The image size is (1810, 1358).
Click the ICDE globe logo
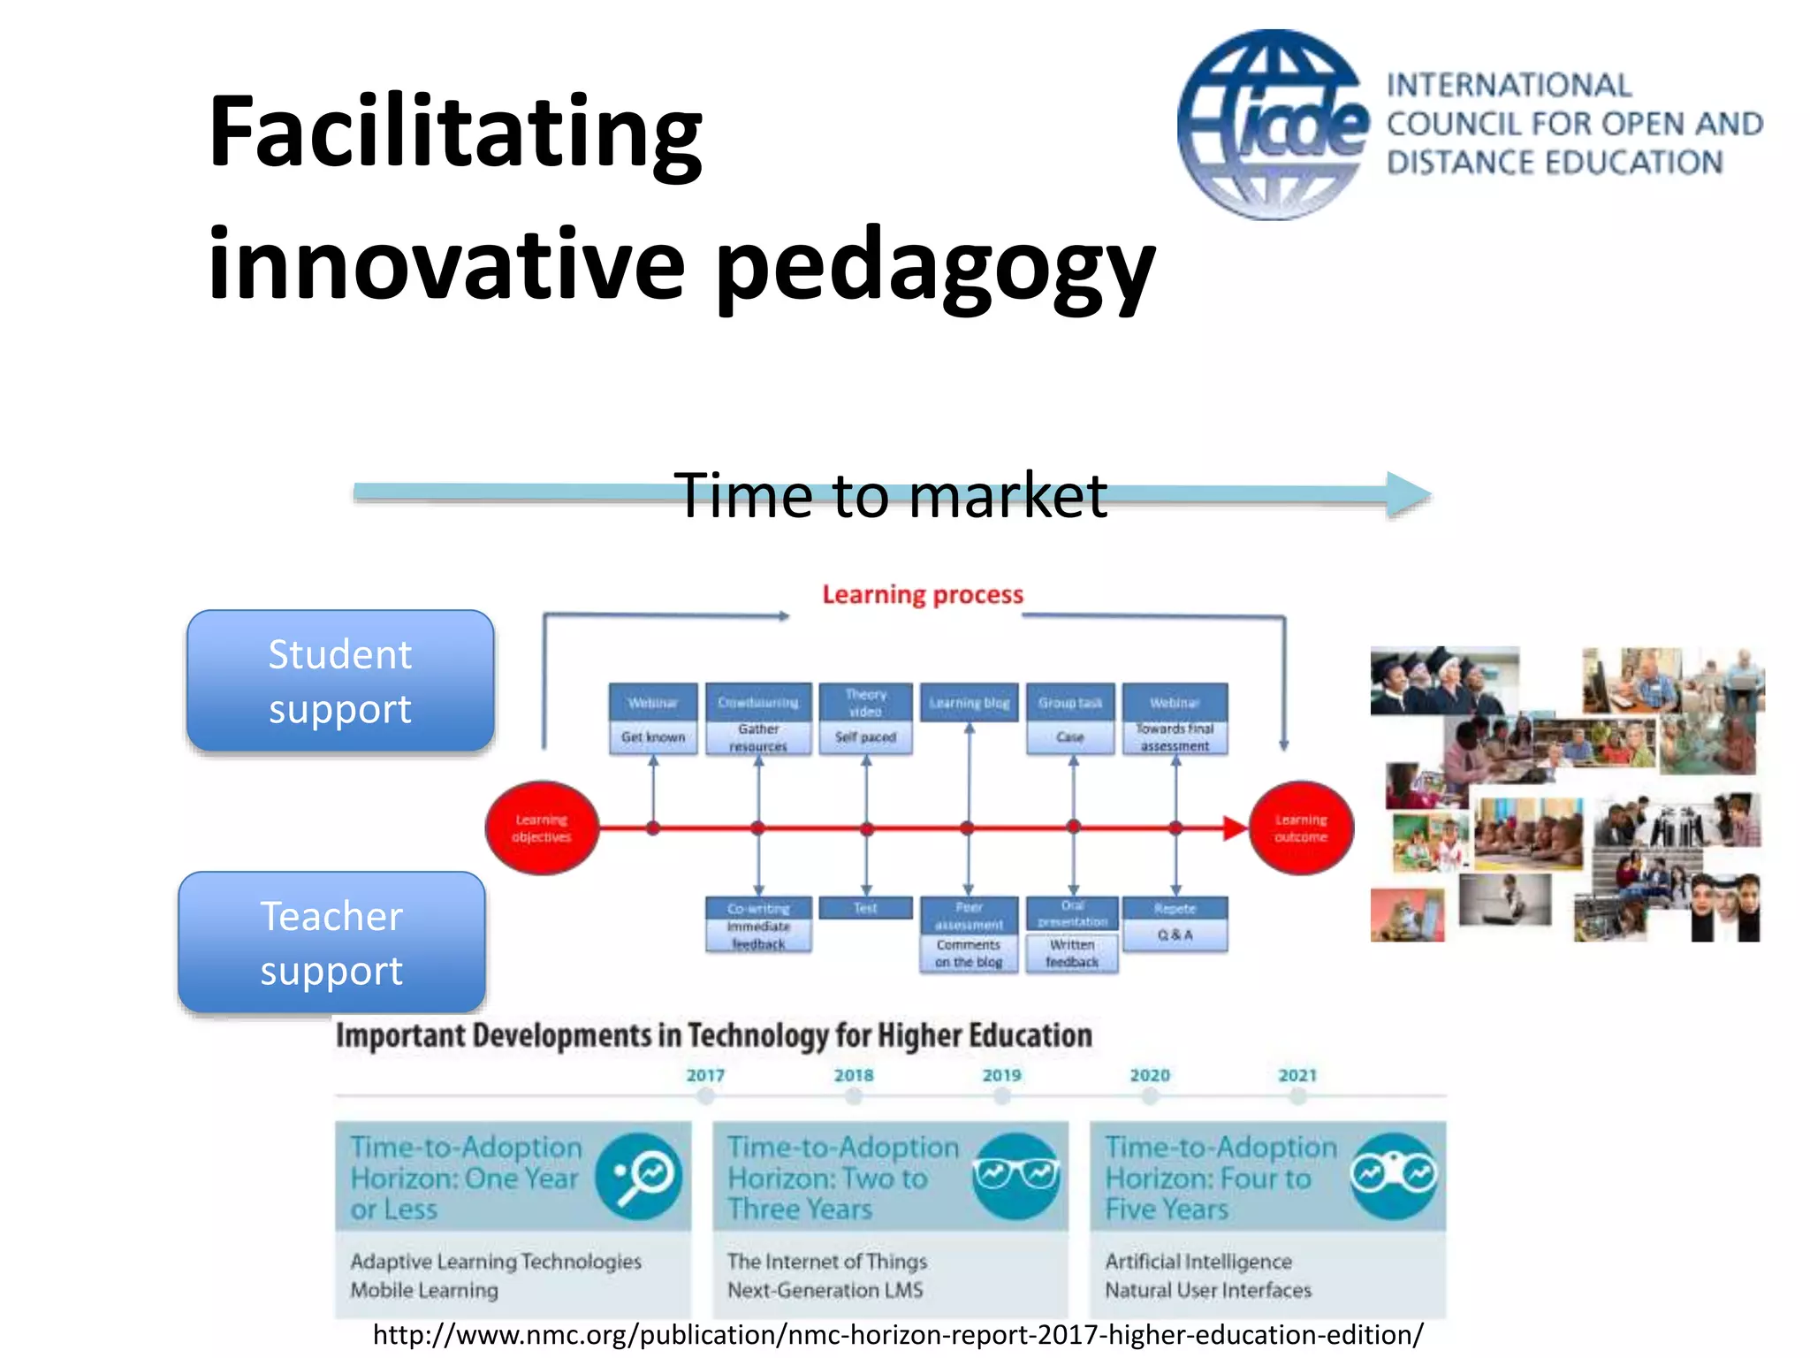point(1273,125)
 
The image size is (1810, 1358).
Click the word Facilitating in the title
point(455,132)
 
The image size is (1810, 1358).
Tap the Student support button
point(340,681)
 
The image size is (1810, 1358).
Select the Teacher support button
point(332,942)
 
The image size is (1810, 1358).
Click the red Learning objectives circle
point(542,828)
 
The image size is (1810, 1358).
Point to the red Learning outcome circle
point(1300,828)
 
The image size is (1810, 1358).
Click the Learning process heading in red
point(922,595)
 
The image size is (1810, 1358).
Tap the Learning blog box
point(969,703)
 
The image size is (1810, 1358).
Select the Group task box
point(1069,703)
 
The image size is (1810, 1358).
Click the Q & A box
point(1175,935)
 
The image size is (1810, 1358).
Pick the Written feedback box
point(1072,954)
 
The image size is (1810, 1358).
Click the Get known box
point(653,737)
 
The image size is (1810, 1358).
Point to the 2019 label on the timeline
point(1001,1075)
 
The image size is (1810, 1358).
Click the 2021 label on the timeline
point(1297,1075)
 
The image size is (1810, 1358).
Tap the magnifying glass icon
point(639,1177)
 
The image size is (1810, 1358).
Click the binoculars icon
point(1394,1176)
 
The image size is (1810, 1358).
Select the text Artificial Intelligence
point(1198,1262)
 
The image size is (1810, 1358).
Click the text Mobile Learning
point(424,1291)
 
